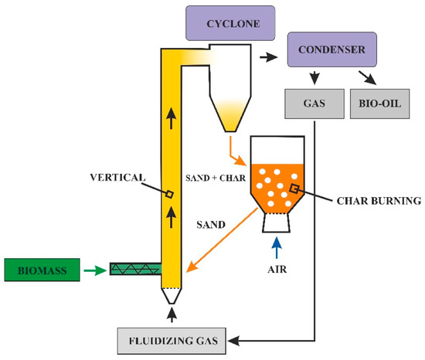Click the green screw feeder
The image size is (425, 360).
134,270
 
